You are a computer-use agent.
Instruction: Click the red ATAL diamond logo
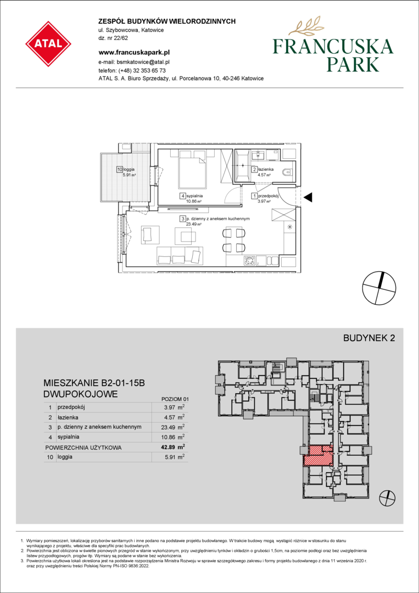pyautogui.click(x=48, y=44)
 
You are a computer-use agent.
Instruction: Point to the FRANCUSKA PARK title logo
pyautogui.click(x=333, y=48)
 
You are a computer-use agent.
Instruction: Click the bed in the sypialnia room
pyautogui.click(x=193, y=169)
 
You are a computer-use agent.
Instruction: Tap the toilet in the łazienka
pyautogui.click(x=289, y=172)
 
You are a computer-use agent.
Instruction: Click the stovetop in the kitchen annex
pyautogui.click(x=249, y=260)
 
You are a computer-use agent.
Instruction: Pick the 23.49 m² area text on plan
pyautogui.click(x=193, y=224)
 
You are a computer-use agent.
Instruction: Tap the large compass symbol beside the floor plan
pyautogui.click(x=379, y=288)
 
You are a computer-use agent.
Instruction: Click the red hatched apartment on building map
pyautogui.click(x=319, y=455)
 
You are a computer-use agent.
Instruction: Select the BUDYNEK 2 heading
pyautogui.click(x=369, y=338)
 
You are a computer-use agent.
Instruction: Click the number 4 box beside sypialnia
pyautogui.click(x=183, y=196)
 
